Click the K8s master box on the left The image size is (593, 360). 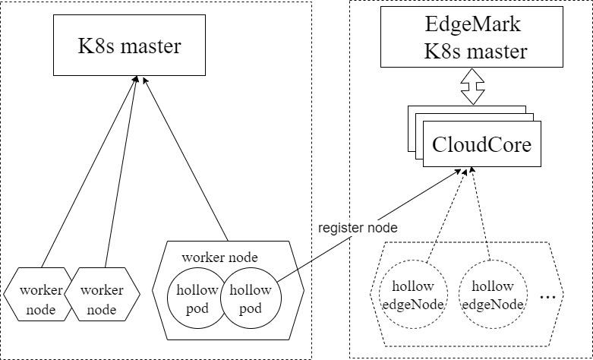[x=130, y=46]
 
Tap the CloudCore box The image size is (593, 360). [x=481, y=144]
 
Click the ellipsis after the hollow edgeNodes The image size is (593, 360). [x=548, y=297]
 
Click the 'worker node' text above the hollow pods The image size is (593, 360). [x=219, y=257]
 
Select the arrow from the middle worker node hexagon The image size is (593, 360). [x=120, y=171]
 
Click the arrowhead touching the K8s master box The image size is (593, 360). [x=137, y=80]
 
